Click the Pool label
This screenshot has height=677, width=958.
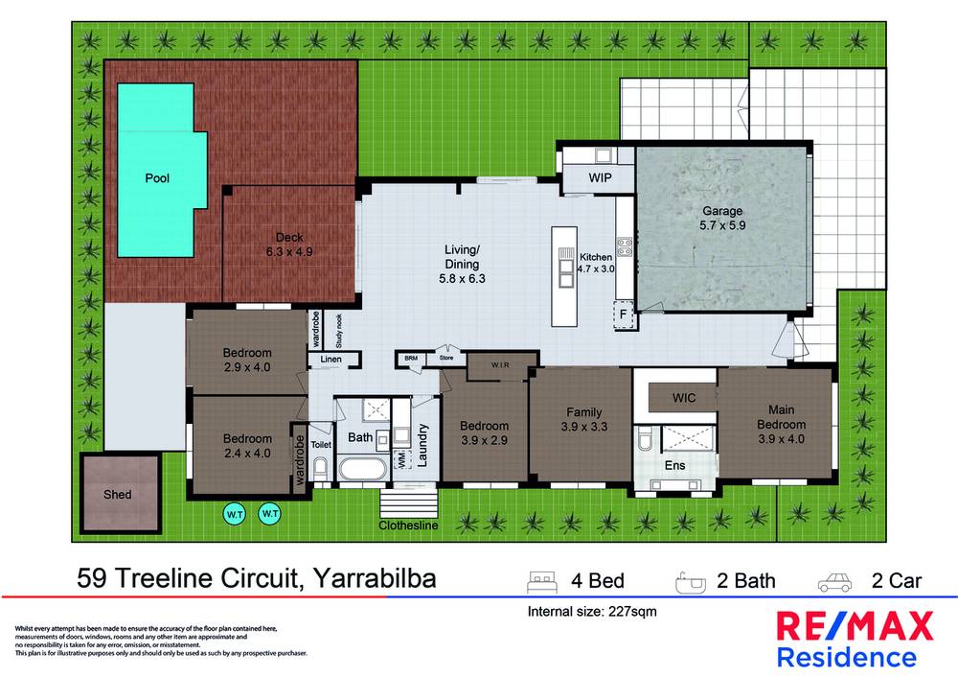156,177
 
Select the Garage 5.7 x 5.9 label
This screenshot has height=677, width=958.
722,219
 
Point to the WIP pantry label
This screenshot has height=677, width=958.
601,179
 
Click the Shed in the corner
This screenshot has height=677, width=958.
118,494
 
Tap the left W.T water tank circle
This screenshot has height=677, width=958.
235,514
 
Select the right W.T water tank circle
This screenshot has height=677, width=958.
269,514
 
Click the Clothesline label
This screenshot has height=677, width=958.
407,525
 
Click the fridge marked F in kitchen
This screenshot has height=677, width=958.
624,314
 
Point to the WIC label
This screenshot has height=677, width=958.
683,396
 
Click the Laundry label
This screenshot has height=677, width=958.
422,446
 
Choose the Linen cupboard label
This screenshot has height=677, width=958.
331,360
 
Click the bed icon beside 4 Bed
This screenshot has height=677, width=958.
541,580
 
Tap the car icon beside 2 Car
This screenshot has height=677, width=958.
833,580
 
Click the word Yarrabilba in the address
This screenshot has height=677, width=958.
374,579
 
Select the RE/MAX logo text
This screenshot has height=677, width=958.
854,627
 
